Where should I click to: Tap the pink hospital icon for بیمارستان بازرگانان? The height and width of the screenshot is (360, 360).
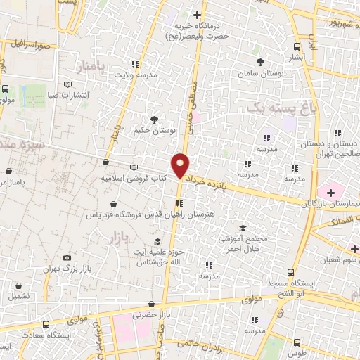pyautogui.click(x=328, y=191)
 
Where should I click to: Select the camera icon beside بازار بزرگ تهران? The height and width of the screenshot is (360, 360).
pyautogui.click(x=67, y=258)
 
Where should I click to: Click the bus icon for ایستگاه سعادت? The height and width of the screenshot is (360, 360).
pyautogui.click(x=46, y=324)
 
